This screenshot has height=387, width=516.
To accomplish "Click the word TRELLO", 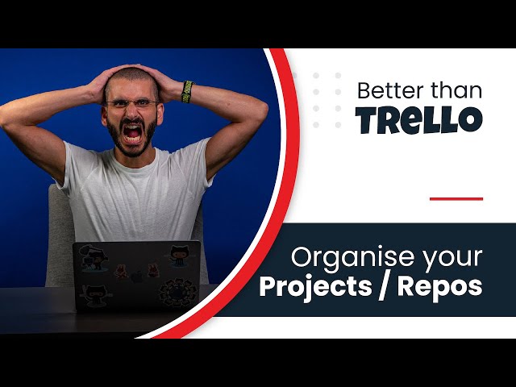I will coord(419,119).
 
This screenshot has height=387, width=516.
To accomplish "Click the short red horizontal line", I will coord(456,198).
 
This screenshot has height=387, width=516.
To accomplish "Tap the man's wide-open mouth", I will coord(132,130).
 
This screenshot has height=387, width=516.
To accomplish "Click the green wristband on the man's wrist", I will coord(188,90).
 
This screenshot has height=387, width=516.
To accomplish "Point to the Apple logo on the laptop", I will coord(136,275).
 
